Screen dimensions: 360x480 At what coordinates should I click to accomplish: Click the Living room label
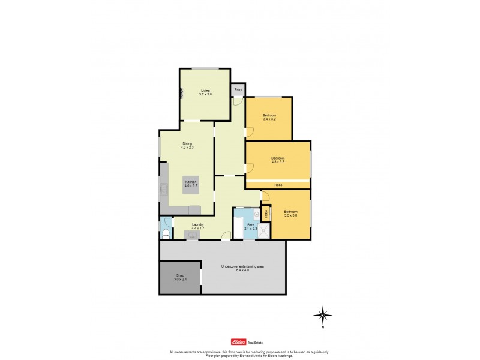pyautogui.click(x=206, y=91)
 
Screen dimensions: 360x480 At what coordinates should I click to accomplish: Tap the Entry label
pyautogui.click(x=238, y=90)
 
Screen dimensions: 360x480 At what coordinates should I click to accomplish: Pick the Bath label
pyautogui.click(x=251, y=226)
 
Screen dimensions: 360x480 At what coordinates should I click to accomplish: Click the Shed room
pyautogui.click(x=180, y=278)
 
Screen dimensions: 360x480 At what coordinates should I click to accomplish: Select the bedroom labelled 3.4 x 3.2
pyautogui.click(x=269, y=117)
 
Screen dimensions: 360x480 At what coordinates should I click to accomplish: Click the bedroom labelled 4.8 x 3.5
pyautogui.click(x=278, y=160)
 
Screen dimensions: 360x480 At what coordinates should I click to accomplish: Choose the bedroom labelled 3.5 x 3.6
pyautogui.click(x=291, y=213)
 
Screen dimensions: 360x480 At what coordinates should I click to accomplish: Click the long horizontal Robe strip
pyautogui.click(x=278, y=185)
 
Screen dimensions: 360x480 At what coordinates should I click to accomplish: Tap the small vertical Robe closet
pyautogui.click(x=266, y=212)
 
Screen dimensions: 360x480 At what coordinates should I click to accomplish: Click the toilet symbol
pyautogui.click(x=166, y=232)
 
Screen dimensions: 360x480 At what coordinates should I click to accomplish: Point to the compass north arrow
pyautogui.click(x=323, y=314)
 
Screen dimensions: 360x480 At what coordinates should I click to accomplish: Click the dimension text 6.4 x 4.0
pyautogui.click(x=242, y=271)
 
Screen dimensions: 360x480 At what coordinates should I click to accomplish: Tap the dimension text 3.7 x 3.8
pyautogui.click(x=206, y=94)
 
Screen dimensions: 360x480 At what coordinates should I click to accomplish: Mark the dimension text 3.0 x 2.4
pyautogui.click(x=180, y=280)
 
